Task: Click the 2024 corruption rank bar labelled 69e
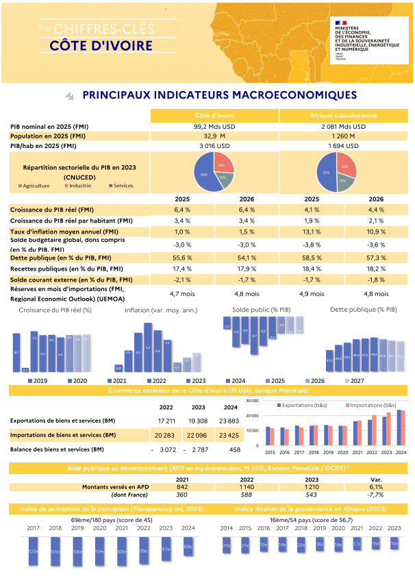[x=188, y=546]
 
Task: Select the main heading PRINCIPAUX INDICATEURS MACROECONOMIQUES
[x=219, y=95]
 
